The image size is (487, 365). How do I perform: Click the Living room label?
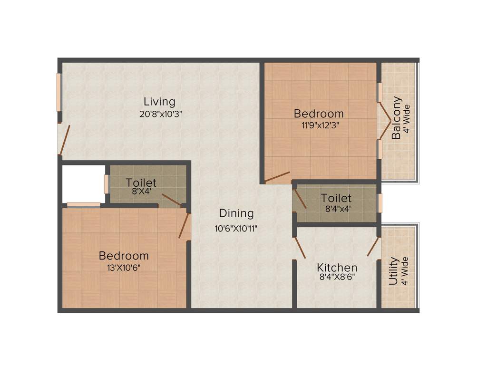[x=160, y=101]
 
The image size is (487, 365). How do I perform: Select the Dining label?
[x=236, y=213]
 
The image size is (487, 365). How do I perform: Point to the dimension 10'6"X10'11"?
[x=236, y=228]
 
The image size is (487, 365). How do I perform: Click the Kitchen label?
[x=337, y=268]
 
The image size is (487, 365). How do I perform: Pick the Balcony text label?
[x=397, y=118]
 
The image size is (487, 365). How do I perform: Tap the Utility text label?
[x=394, y=271]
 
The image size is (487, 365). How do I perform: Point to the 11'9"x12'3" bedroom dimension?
[x=319, y=125]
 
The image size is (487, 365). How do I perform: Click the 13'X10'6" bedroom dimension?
[x=124, y=267]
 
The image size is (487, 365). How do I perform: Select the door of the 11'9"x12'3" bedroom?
[x=277, y=177]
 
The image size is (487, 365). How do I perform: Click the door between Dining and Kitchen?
[x=299, y=247]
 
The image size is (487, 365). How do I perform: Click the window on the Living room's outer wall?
[x=59, y=92]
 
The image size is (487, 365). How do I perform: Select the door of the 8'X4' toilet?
[x=171, y=200]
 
